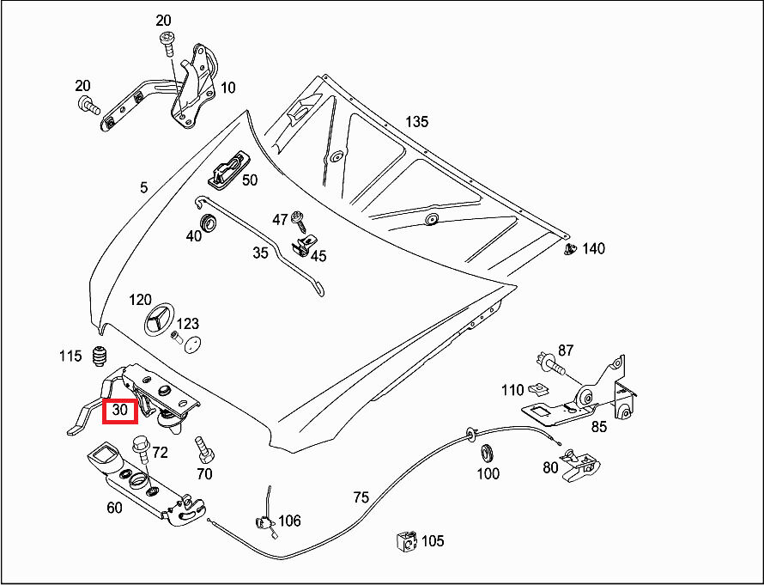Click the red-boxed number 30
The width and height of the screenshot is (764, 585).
pyautogui.click(x=120, y=411)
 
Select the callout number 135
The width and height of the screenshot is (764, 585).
pyautogui.click(x=416, y=121)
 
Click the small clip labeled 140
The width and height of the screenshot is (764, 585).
pyautogui.click(x=570, y=249)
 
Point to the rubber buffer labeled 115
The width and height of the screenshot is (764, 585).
pyautogui.click(x=101, y=355)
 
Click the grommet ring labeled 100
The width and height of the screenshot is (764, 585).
pyautogui.click(x=488, y=451)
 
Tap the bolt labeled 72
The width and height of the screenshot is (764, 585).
pyautogui.click(x=141, y=448)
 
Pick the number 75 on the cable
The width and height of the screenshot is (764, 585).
pyautogui.click(x=361, y=497)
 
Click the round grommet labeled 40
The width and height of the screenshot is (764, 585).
pyautogui.click(x=208, y=223)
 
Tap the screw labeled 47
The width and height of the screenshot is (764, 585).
pyautogui.click(x=299, y=218)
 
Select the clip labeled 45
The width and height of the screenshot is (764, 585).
pyautogui.click(x=303, y=247)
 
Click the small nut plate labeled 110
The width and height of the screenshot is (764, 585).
pyautogui.click(x=538, y=387)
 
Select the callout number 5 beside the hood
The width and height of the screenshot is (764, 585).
pyautogui.click(x=144, y=186)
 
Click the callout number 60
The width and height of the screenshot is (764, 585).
pyautogui.click(x=114, y=507)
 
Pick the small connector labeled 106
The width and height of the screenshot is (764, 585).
pyautogui.click(x=265, y=521)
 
